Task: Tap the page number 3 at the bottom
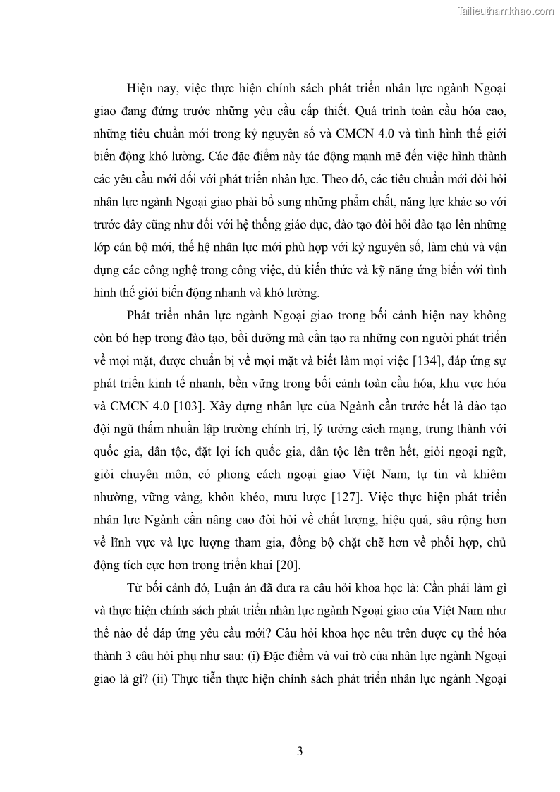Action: pyautogui.click(x=300, y=751)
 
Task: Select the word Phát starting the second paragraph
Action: pyautogui.click(x=142, y=317)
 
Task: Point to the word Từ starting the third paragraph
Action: pyautogui.click(x=135, y=587)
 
